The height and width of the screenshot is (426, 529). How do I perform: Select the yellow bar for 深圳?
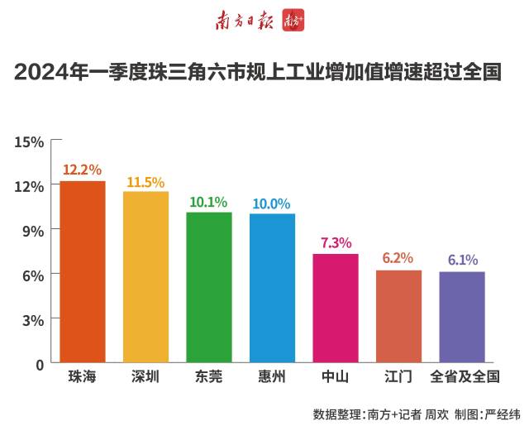(x=145, y=277)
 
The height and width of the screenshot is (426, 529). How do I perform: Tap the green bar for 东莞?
(x=209, y=287)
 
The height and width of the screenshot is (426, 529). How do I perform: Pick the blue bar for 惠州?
(x=272, y=288)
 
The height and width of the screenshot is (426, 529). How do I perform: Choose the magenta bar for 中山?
(x=336, y=308)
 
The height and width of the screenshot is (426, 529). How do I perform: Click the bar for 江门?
(x=398, y=316)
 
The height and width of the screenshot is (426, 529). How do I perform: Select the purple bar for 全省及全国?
(x=462, y=317)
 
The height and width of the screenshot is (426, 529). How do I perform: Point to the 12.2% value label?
(x=83, y=170)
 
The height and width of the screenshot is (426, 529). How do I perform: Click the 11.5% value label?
(x=145, y=181)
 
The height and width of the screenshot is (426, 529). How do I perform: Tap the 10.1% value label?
(x=209, y=202)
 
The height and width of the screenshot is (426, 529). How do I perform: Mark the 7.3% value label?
(x=336, y=242)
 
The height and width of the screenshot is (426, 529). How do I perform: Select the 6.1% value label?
(x=462, y=260)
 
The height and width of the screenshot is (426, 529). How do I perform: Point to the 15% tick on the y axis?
(x=29, y=141)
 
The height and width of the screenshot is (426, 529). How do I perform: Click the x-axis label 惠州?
(x=272, y=377)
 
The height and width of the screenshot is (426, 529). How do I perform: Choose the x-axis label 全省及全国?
(x=465, y=377)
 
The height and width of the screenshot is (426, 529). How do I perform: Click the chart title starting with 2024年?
(x=258, y=73)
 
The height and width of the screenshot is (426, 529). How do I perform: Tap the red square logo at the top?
(x=293, y=21)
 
